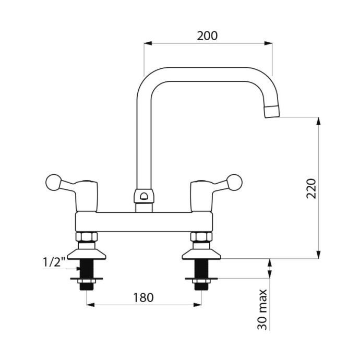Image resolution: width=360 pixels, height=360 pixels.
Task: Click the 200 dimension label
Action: pos(207,36)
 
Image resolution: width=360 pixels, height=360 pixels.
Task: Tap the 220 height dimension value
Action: pos(311,188)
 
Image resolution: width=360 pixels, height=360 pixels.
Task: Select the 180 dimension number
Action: pos(143,297)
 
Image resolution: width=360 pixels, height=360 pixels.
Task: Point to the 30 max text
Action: pos(262,309)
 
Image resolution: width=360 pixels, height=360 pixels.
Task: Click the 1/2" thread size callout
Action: pos(54,262)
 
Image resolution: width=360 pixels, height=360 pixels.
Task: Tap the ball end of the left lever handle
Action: pos(54,183)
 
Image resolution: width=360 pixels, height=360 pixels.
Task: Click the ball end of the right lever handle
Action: pos(234,183)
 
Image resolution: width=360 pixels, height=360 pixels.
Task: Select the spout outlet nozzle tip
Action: pos(272,112)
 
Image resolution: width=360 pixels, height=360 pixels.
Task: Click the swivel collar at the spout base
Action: pos(144,196)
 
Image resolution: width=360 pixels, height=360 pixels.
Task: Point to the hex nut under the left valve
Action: pos(87,237)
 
